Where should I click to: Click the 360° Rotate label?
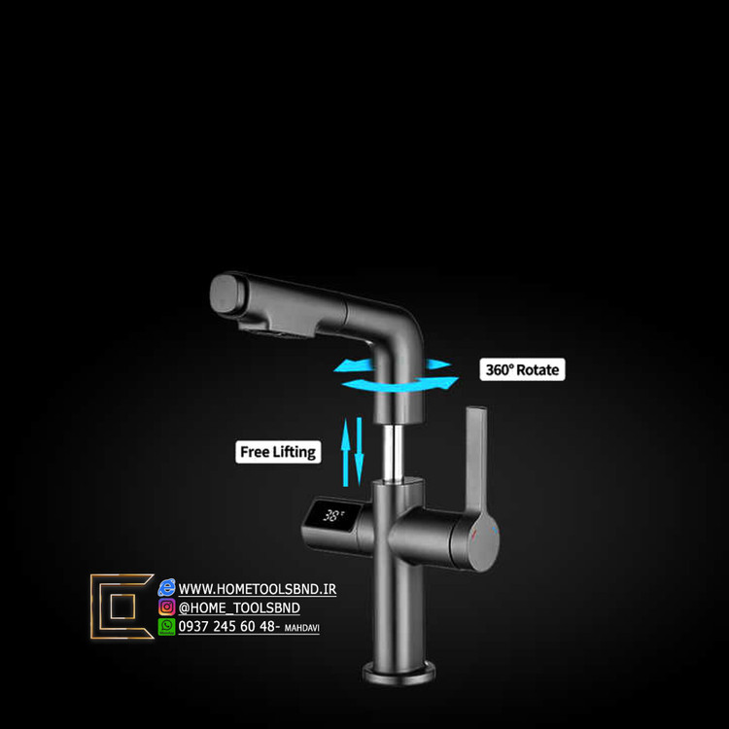click(523, 369)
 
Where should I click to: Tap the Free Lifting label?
click(278, 452)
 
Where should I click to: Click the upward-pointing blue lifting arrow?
click(345, 451)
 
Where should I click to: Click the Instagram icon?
click(167, 607)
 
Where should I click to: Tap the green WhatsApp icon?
click(167, 627)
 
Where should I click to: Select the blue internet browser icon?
click(167, 587)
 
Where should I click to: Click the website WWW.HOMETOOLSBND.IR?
click(258, 589)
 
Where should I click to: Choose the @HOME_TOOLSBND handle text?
click(239, 608)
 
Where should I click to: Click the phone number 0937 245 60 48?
click(227, 627)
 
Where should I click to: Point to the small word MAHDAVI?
click(301, 629)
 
